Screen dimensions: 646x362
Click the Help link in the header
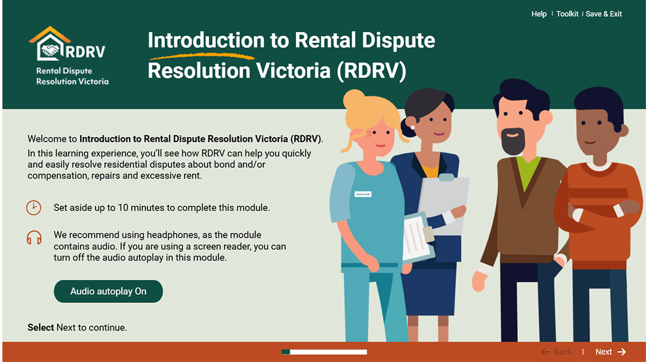[539, 14]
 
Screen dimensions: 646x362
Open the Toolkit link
[567, 14]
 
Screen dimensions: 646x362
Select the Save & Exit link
[604, 14]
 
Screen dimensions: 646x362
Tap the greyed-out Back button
[556, 352]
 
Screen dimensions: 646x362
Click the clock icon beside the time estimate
[34, 208]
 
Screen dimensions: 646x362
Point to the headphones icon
[34, 238]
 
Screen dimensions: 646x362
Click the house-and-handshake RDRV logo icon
[50, 44]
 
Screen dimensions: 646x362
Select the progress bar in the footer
[324, 352]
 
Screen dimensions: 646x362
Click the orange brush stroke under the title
[202, 56]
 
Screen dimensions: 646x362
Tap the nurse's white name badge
[363, 194]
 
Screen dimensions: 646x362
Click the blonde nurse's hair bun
[354, 99]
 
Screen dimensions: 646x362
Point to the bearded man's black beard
[513, 141]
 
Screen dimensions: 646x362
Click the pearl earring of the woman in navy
[413, 128]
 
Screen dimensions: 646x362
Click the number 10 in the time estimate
[123, 208]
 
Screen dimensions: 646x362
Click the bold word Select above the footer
[41, 327]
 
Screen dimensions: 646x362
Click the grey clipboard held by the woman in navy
[444, 204]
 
